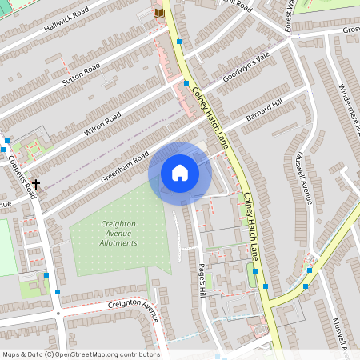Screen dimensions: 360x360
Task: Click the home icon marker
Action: pyautogui.click(x=180, y=172)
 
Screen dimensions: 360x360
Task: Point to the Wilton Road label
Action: pyautogui.click(x=102, y=123)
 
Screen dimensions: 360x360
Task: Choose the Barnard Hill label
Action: pyautogui.click(x=265, y=111)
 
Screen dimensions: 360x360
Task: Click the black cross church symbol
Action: pyautogui.click(x=36, y=184)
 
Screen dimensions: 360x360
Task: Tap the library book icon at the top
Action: pyautogui.click(x=158, y=13)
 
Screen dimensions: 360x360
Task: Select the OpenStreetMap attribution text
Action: pyautogui.click(x=80, y=354)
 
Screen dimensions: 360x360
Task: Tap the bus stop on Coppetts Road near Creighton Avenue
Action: pyautogui.click(x=47, y=275)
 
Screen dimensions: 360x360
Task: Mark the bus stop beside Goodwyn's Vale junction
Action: pyautogui.click(x=186, y=82)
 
